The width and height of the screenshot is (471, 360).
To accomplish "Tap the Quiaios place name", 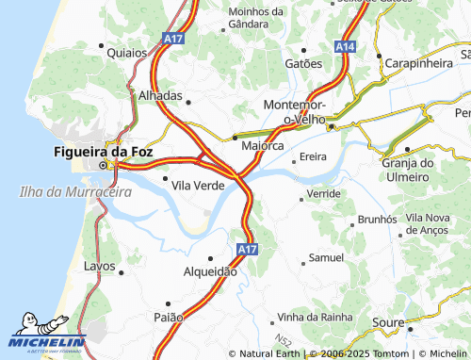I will point(128,54).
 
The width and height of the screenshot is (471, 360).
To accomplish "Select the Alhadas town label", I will point(160,96).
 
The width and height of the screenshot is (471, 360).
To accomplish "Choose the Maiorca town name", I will point(263,146).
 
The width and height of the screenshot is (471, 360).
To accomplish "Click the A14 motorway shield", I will point(346,45).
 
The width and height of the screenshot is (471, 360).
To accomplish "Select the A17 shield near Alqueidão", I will point(247,249).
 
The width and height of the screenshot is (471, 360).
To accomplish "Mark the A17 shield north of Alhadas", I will point(172,40).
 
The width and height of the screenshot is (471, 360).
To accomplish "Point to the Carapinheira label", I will point(419,63).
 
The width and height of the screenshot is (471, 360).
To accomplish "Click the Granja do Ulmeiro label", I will point(407,170).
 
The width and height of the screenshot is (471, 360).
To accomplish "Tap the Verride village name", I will point(324,192).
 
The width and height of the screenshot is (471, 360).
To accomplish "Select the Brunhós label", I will point(378,220).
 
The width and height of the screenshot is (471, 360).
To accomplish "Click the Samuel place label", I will point(326,257).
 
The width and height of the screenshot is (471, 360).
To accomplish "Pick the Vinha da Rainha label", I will point(314,318).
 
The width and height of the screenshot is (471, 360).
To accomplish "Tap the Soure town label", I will point(389,322).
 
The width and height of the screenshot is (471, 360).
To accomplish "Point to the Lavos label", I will point(100,267).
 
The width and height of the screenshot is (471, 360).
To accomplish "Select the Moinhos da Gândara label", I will point(256,17).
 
